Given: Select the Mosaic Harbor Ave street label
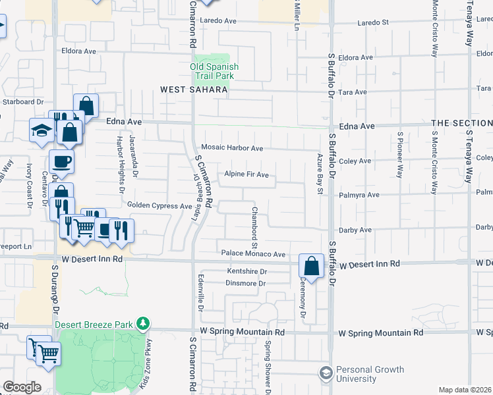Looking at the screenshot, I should [x=232, y=149].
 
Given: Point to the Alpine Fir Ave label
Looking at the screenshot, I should [x=246, y=174].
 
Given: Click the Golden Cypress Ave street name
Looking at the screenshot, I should [x=159, y=206].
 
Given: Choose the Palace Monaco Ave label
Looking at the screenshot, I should [x=253, y=253].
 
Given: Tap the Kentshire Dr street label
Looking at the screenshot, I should [x=246, y=271].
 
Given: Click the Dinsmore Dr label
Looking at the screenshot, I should [x=246, y=284].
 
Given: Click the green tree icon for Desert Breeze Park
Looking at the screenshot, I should [x=142, y=323].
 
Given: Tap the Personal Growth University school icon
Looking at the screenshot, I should [x=325, y=373].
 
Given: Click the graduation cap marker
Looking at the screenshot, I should [x=41, y=129].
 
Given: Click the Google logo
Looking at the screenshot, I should [x=22, y=387].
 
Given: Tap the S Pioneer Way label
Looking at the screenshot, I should [x=400, y=155].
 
